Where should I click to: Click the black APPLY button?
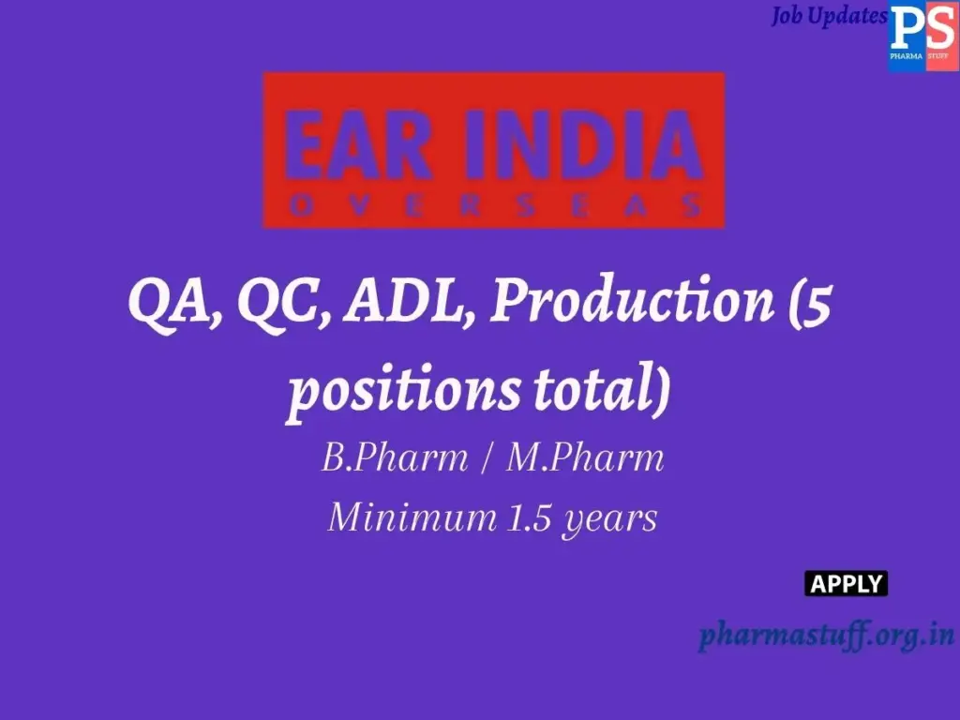tap(846, 584)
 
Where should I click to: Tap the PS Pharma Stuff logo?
tap(923, 37)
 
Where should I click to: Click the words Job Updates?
tap(829, 17)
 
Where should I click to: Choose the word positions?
tap(402, 388)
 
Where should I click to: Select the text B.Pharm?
tap(395, 458)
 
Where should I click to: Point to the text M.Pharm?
tap(585, 458)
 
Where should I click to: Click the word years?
tap(608, 518)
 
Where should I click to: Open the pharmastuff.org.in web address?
tap(826, 635)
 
